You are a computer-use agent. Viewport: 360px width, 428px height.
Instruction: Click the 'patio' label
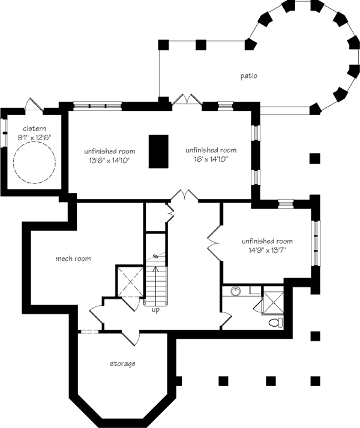pos(249,76)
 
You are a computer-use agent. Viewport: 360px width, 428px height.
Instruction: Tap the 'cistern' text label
pos(34,129)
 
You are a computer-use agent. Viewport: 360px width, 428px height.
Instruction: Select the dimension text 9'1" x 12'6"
pos(34,137)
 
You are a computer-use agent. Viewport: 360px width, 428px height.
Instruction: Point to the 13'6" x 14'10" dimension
pos(109,160)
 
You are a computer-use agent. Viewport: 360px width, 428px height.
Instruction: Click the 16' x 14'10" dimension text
pos(211,160)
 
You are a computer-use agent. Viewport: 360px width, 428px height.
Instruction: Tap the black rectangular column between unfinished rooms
pos(158,151)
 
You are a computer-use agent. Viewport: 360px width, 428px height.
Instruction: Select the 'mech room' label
pos(73,259)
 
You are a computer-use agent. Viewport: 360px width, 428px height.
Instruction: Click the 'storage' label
pos(122,364)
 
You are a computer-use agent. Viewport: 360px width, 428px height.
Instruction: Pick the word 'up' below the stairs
pos(155,311)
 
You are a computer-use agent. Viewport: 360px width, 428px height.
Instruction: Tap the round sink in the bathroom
pos(235,293)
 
